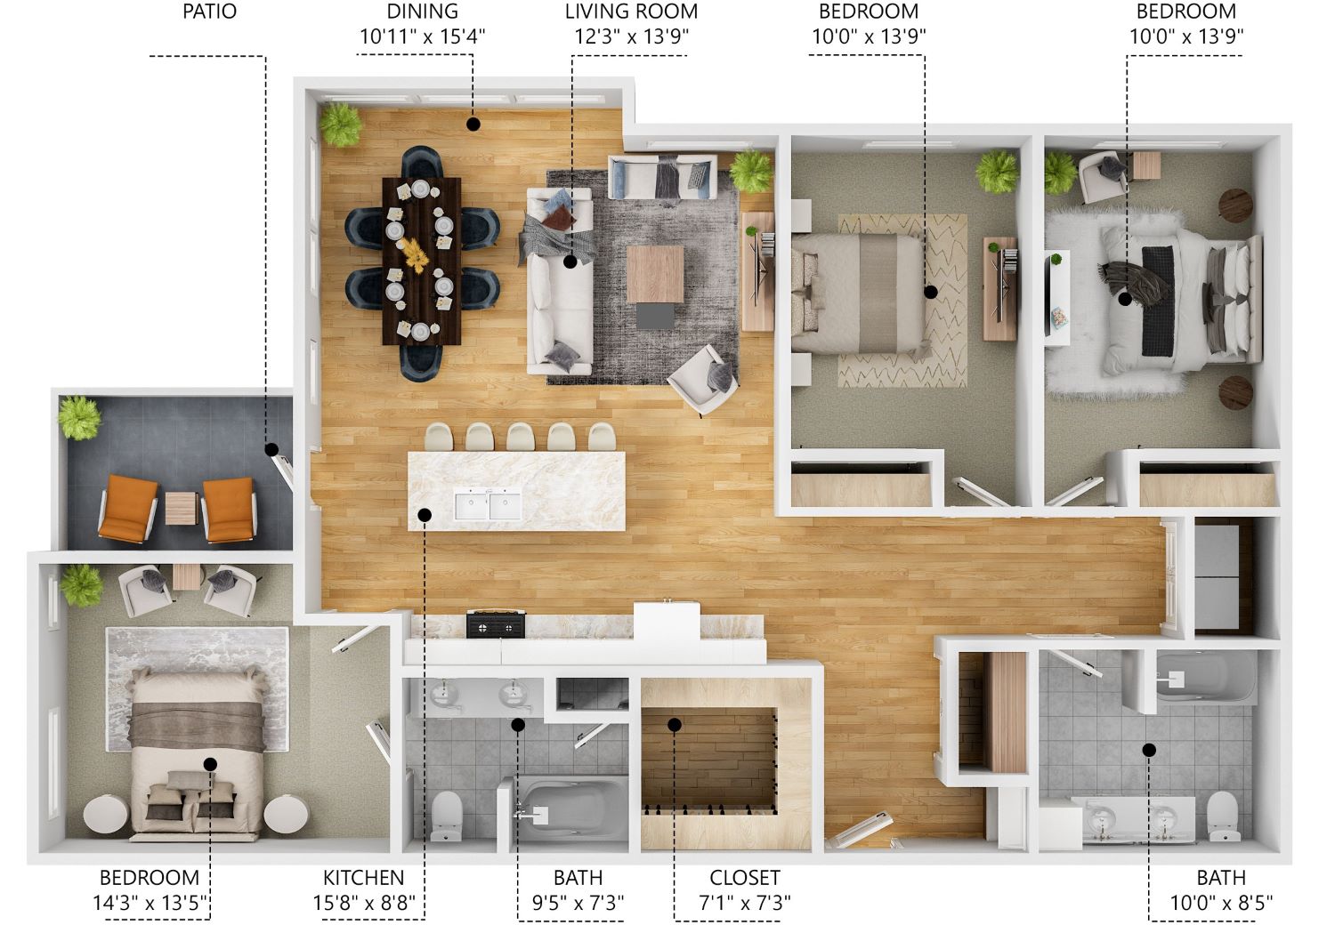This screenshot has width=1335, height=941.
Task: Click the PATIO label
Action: tap(209, 12)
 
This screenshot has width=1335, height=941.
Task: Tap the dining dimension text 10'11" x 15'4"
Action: tap(423, 37)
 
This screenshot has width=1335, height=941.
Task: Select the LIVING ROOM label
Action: tap(631, 12)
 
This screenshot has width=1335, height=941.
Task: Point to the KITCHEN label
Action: tap(363, 878)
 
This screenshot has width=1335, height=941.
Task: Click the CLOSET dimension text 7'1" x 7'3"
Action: tap(745, 904)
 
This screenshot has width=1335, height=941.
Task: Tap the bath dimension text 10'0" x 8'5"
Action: tap(1221, 904)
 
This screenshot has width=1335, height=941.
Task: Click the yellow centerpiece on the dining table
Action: tap(415, 253)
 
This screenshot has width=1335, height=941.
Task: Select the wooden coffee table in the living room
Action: tap(655, 275)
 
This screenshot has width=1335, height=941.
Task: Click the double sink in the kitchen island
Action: tap(488, 505)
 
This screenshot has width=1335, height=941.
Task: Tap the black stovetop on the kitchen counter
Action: tap(495, 625)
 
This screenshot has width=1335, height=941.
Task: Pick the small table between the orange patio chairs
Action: tap(181, 508)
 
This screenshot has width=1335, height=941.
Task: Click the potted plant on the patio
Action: tap(78, 417)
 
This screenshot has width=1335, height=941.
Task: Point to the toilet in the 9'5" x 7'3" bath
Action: tap(446, 814)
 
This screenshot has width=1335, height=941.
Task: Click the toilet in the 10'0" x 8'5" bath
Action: tap(1223, 815)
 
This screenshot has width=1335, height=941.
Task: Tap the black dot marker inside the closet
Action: tap(675, 725)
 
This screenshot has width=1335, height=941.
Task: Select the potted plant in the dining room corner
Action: tap(340, 125)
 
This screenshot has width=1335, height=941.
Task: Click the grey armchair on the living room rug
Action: tap(703, 378)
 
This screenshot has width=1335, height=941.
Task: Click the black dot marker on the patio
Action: tap(271, 449)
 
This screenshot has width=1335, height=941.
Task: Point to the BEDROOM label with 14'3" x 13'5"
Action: tap(149, 878)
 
